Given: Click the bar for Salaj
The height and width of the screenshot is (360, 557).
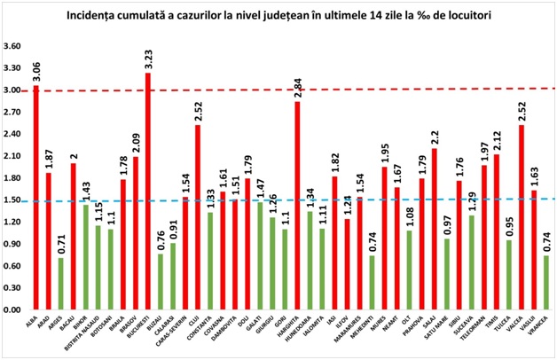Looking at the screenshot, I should [435, 230].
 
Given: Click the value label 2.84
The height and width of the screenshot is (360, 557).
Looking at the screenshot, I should [297, 88].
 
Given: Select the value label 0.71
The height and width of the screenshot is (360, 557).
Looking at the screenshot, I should [60, 245].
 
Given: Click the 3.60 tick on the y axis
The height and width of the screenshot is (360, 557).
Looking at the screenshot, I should [13, 46].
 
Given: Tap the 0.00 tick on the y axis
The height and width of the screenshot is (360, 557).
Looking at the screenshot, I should [13, 310].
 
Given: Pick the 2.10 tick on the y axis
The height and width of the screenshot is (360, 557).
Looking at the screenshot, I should [13, 156].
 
